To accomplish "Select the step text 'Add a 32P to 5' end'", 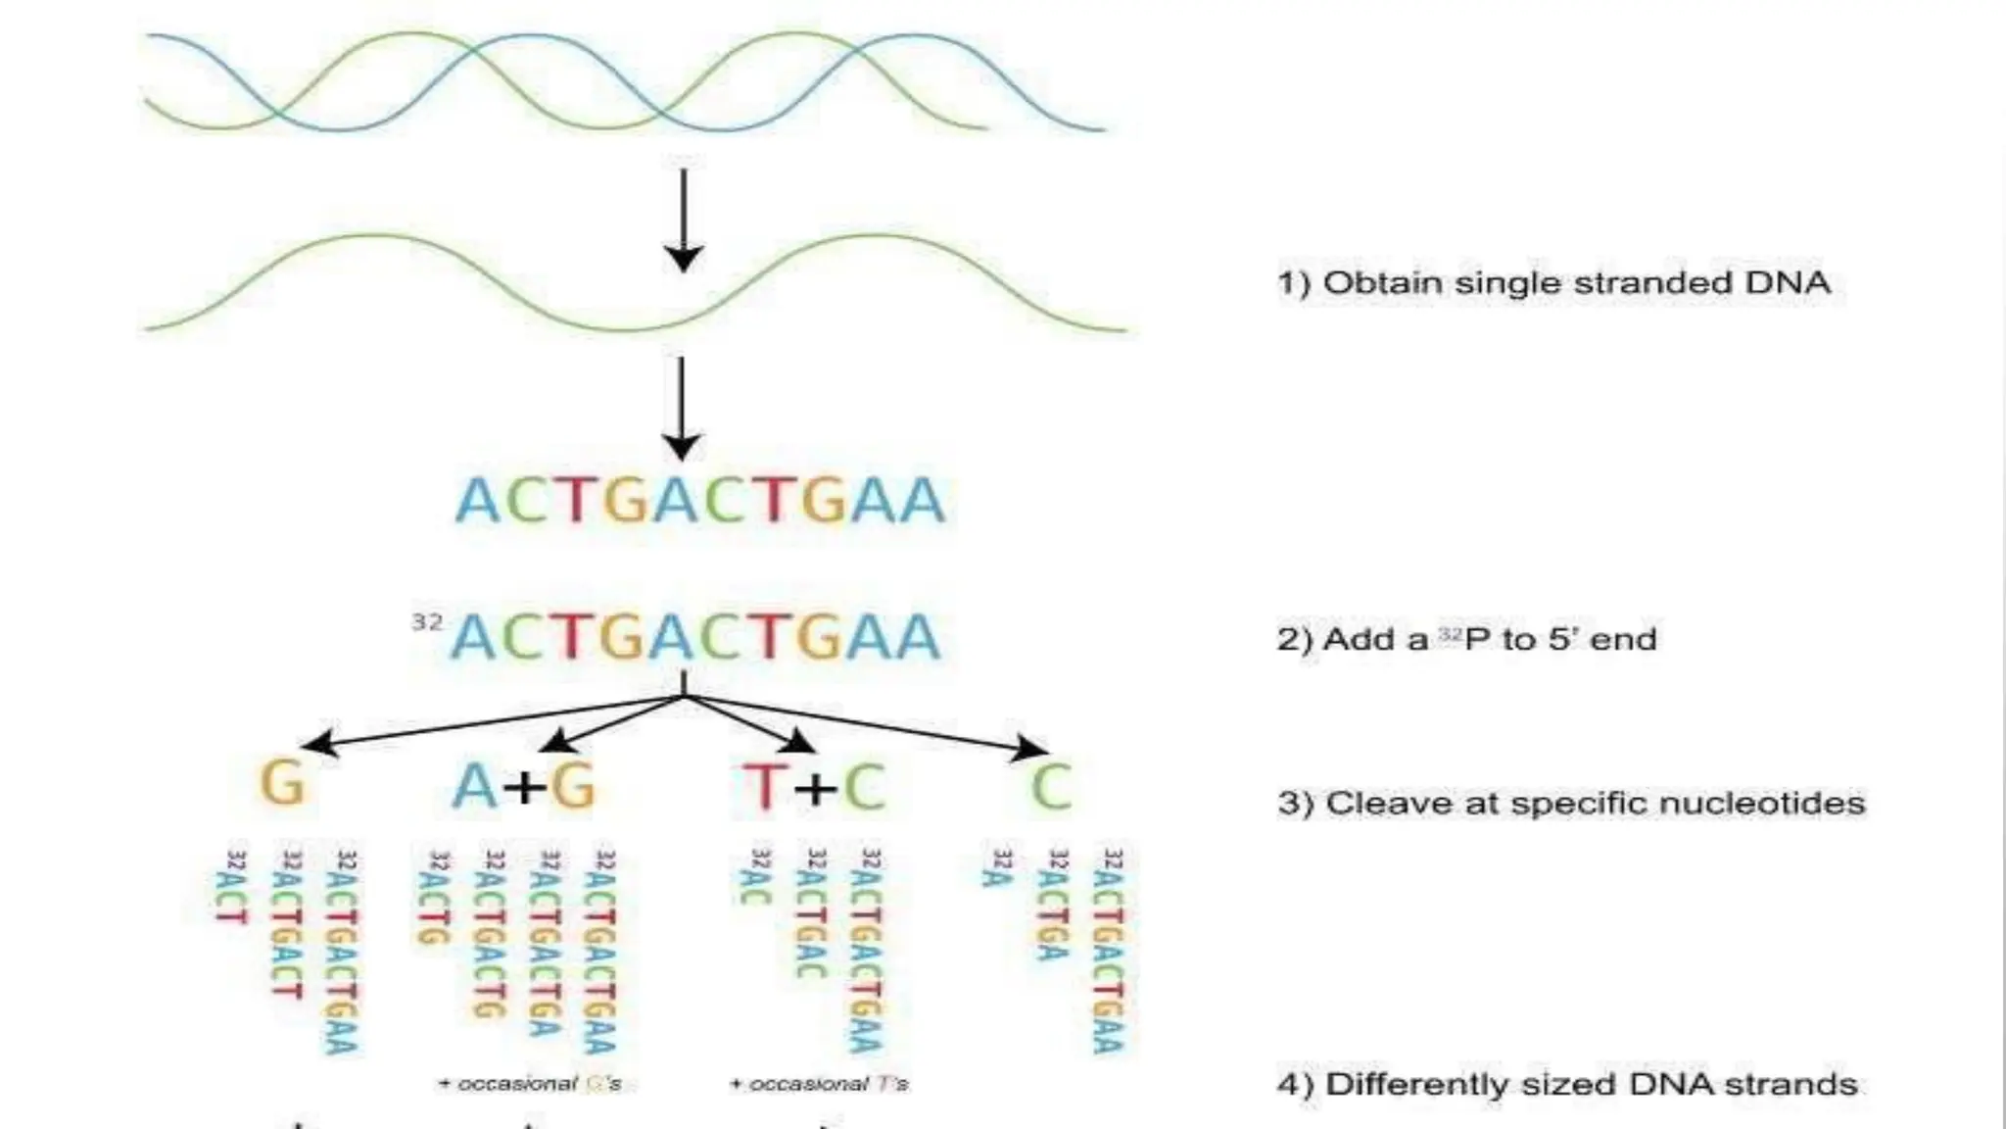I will click(x=1466, y=640).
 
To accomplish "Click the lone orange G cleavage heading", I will click(x=282, y=784).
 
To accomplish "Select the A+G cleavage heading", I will click(x=523, y=786).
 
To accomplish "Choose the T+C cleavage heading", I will click(x=813, y=786).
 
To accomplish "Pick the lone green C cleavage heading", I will click(x=1051, y=786).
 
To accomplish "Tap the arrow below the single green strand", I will click(x=682, y=408).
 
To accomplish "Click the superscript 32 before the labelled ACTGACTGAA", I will click(x=427, y=622).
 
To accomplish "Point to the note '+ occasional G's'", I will click(x=530, y=1084).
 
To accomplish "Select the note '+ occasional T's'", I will click(x=820, y=1084).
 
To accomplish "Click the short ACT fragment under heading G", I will click(x=232, y=888).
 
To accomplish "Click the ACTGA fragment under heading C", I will click(x=1053, y=905).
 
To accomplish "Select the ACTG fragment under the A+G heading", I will click(x=434, y=898).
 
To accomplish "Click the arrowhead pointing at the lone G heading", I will click(x=315, y=745).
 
